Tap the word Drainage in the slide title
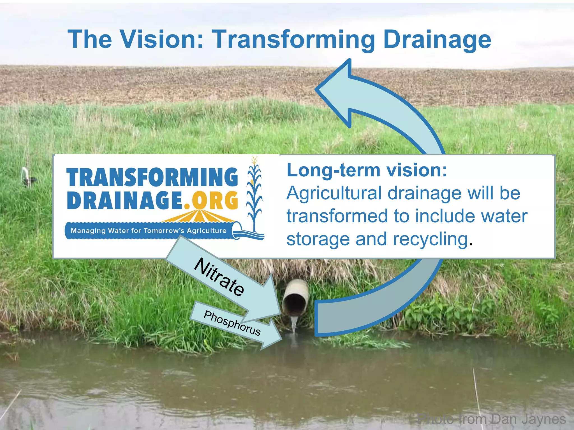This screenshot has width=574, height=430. (437, 40)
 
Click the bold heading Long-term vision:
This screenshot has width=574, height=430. (367, 170)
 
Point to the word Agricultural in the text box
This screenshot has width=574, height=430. (334, 194)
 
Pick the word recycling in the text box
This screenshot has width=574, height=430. (430, 239)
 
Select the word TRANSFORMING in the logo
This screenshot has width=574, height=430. (152, 177)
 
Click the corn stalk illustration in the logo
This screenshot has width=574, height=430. (254, 193)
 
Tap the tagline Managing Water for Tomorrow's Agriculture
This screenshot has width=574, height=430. (149, 231)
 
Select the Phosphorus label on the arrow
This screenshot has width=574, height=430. (232, 323)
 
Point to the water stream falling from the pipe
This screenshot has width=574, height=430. (294, 325)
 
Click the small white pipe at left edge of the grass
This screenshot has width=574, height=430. (26, 175)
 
